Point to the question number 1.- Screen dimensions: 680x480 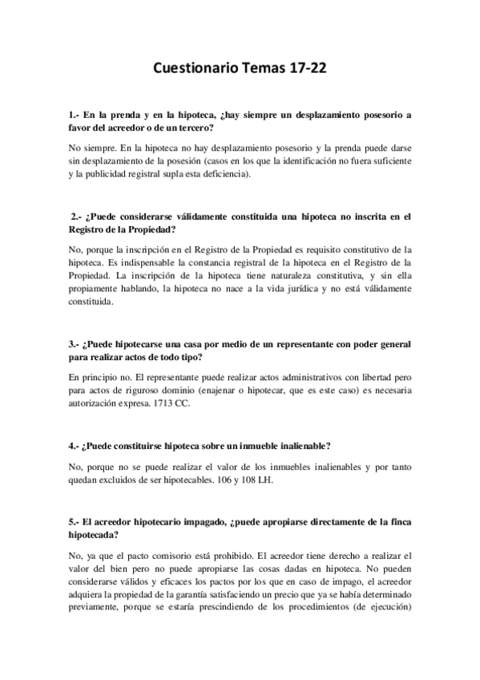[74, 115]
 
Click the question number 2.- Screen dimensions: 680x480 [77, 215]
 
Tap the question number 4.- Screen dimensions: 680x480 [74, 445]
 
